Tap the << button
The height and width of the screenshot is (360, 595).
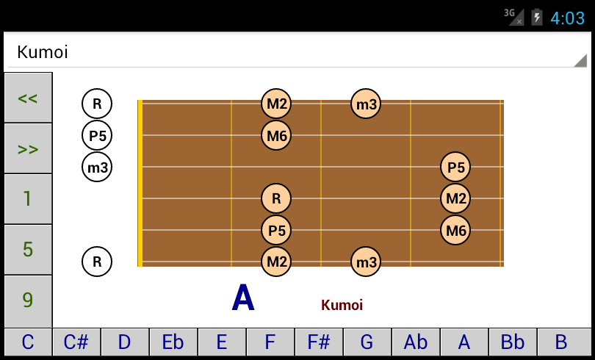28,98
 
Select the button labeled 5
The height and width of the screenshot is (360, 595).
28,250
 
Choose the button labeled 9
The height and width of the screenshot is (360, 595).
28,300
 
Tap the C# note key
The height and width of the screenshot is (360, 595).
76,342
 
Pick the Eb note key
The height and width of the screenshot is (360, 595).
173,342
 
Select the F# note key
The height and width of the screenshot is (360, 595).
319,342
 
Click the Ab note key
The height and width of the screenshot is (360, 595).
416,342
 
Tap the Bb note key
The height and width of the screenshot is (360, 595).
513,342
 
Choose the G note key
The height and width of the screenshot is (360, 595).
367,342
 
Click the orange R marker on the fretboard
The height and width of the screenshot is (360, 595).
276,198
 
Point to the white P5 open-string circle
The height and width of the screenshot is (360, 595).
97,135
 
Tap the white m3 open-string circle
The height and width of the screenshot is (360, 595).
97,167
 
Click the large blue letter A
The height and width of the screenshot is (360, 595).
243,298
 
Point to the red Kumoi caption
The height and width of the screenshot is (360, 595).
342,305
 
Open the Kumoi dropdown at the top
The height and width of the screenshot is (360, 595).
297,52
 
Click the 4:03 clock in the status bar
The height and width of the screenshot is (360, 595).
567,18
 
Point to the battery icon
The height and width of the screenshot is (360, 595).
537,17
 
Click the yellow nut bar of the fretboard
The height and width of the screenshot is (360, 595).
140,183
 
